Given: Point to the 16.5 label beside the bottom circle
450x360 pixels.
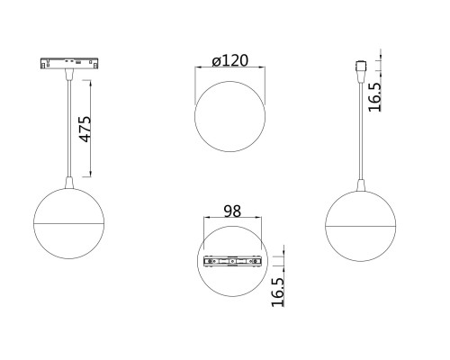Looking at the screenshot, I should coord(277,292).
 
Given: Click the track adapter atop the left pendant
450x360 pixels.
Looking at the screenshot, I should coord(64,65).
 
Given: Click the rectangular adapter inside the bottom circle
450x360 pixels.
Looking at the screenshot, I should coord(232,262).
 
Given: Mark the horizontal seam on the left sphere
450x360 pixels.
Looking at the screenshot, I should coord(65,220).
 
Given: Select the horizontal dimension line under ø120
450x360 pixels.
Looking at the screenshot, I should coord(230,72).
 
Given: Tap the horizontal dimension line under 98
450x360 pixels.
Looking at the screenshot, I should coord(232,221).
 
